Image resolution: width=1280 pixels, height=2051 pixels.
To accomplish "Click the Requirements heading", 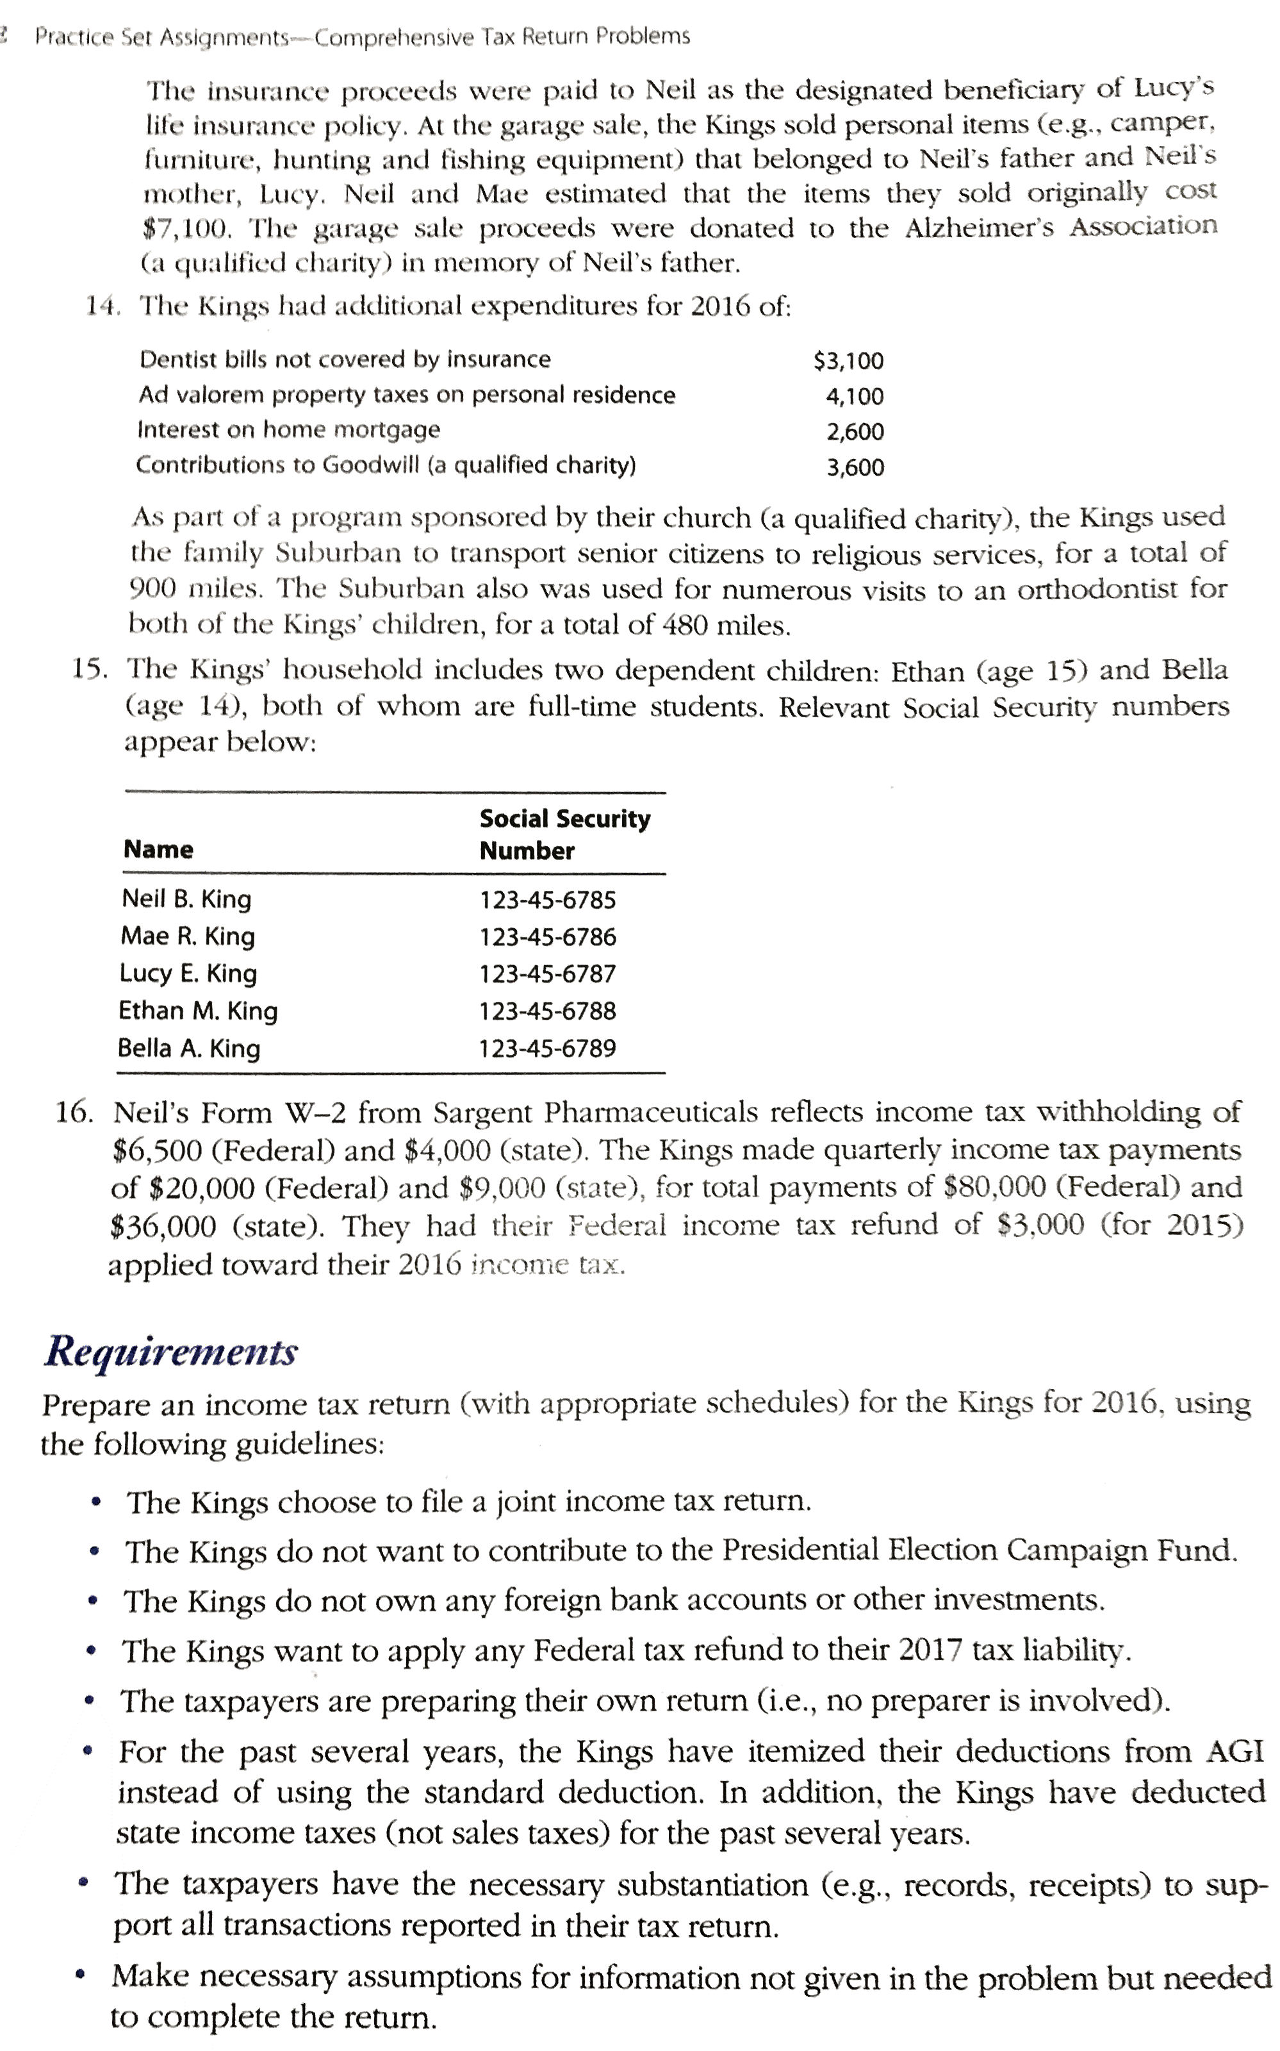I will pos(170,1350).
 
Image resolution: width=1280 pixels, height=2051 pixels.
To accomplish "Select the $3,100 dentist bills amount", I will pos(848,361).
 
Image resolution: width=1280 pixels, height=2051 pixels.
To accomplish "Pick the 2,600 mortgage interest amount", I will pos(855,432).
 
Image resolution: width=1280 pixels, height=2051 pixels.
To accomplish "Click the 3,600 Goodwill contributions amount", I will pos(855,467).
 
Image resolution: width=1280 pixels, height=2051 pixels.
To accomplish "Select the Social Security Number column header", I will pos(564,834).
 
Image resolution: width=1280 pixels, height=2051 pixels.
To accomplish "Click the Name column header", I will pos(158,849).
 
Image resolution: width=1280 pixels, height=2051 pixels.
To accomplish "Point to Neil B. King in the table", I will pos(186,899).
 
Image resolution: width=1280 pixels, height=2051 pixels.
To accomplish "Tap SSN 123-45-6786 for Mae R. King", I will pos(548,936).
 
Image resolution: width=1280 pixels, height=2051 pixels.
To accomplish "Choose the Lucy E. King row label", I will pos(188,973).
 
